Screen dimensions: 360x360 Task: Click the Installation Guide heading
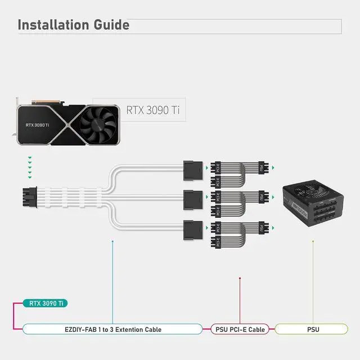[x=73, y=25]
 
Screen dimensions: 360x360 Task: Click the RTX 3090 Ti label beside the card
[x=152, y=110]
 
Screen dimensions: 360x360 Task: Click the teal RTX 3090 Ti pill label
[x=46, y=303]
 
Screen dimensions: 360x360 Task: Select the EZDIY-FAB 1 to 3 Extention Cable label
[x=112, y=329]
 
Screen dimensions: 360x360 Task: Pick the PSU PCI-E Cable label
[x=240, y=329]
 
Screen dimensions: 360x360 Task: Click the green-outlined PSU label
[x=313, y=329]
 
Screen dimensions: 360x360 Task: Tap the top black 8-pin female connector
[x=192, y=168]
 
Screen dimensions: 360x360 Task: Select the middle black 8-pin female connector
[x=192, y=198]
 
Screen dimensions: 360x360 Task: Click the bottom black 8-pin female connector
[x=192, y=228]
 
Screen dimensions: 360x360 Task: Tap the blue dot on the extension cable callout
[x=112, y=241]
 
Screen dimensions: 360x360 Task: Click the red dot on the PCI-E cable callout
[x=240, y=278]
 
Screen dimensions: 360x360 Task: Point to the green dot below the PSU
[x=313, y=241]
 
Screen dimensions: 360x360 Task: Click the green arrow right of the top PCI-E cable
[x=273, y=168]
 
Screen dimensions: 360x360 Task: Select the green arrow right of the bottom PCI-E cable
[x=273, y=228]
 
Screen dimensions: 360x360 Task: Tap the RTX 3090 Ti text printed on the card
[x=37, y=125]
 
